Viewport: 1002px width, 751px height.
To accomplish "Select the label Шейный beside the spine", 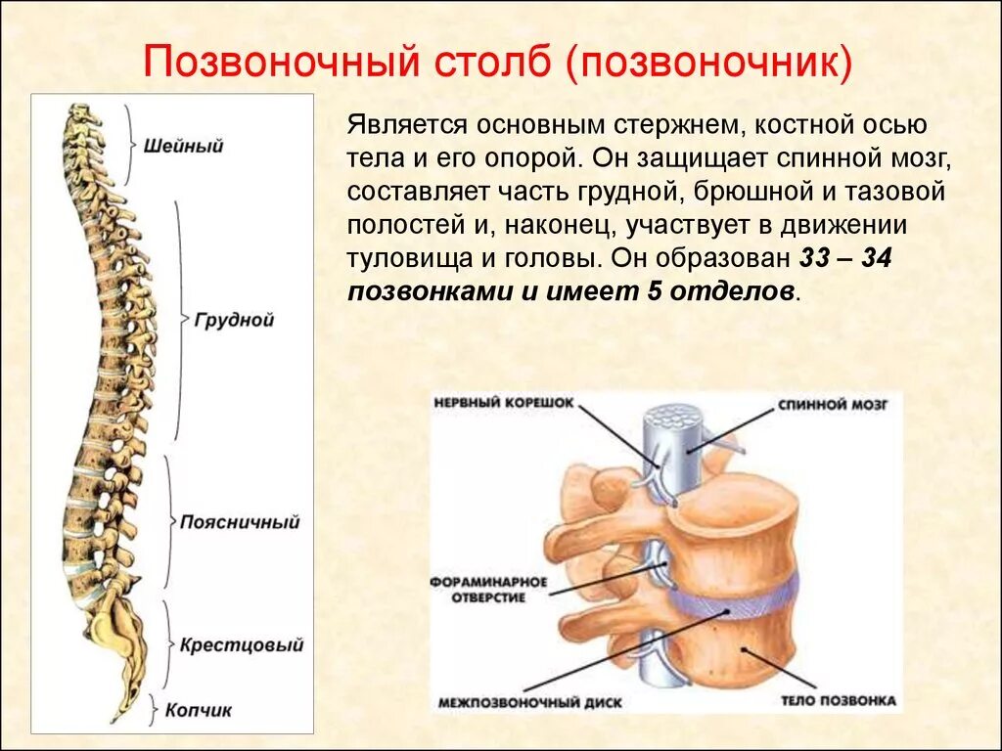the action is tap(183, 147).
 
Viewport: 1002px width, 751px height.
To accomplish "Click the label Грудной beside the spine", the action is tap(234, 320).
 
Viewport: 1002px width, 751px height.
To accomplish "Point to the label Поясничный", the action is tap(239, 522).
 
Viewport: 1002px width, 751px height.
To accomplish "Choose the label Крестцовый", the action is tap(242, 645).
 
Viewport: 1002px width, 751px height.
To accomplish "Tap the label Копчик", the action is tap(198, 711).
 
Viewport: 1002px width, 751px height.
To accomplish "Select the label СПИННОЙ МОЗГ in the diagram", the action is tap(833, 404).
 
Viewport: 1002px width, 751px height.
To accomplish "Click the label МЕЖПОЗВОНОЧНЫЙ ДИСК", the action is tap(529, 702).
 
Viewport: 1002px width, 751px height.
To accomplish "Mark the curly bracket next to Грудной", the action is tap(180, 320).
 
